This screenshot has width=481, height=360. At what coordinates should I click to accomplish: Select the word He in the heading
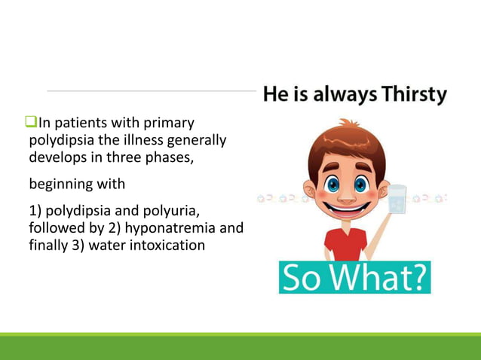tap(273, 96)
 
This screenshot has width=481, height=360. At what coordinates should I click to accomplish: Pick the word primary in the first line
tap(172, 123)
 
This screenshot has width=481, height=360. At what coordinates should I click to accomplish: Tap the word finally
tap(49, 245)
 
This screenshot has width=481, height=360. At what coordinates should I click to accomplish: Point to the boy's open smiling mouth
tap(346, 209)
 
